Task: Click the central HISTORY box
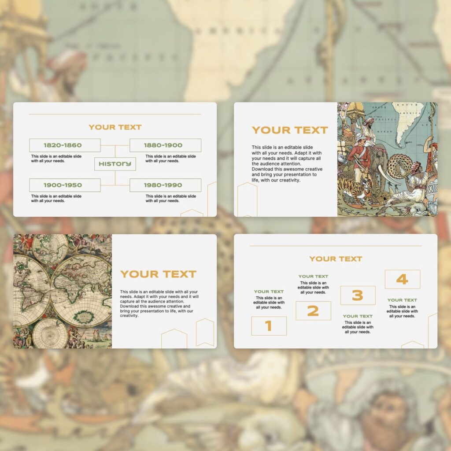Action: (115, 164)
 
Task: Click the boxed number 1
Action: (269, 326)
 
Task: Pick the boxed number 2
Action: (313, 311)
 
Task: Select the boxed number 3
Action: (358, 296)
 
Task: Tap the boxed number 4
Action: (402, 279)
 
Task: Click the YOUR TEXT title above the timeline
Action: (115, 127)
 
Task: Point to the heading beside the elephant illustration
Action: (290, 130)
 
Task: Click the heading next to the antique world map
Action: (158, 274)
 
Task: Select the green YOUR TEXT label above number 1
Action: (269, 292)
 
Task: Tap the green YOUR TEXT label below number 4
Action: (402, 300)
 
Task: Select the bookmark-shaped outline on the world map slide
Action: (205, 332)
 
